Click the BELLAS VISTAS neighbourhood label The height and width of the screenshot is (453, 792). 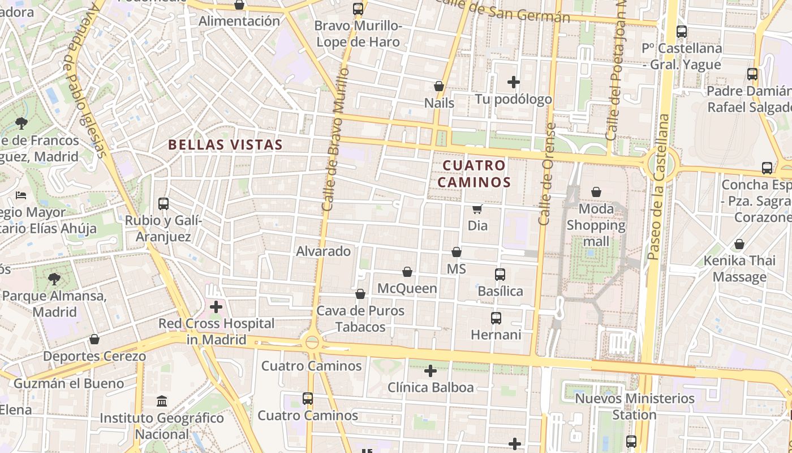225,145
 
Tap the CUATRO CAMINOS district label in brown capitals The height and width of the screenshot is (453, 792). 474,174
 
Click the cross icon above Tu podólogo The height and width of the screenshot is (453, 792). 514,83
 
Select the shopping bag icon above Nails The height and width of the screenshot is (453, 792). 439,86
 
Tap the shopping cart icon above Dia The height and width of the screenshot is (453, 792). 477,210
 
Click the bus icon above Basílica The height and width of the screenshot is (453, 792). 500,275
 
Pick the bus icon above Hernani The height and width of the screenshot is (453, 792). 496,318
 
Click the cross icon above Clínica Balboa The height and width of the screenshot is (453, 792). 431,371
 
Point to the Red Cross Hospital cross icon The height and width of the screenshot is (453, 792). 216,307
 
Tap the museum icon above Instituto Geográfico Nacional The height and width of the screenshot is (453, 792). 162,401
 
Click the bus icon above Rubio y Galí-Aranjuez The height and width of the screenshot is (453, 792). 163,204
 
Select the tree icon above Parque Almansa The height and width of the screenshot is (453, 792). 54,279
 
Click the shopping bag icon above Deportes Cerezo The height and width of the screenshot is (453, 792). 94,340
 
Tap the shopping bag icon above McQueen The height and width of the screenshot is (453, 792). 407,272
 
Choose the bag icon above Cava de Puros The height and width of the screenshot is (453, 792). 360,294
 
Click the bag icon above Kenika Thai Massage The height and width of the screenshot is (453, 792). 739,245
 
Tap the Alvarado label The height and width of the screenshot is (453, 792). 324,251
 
